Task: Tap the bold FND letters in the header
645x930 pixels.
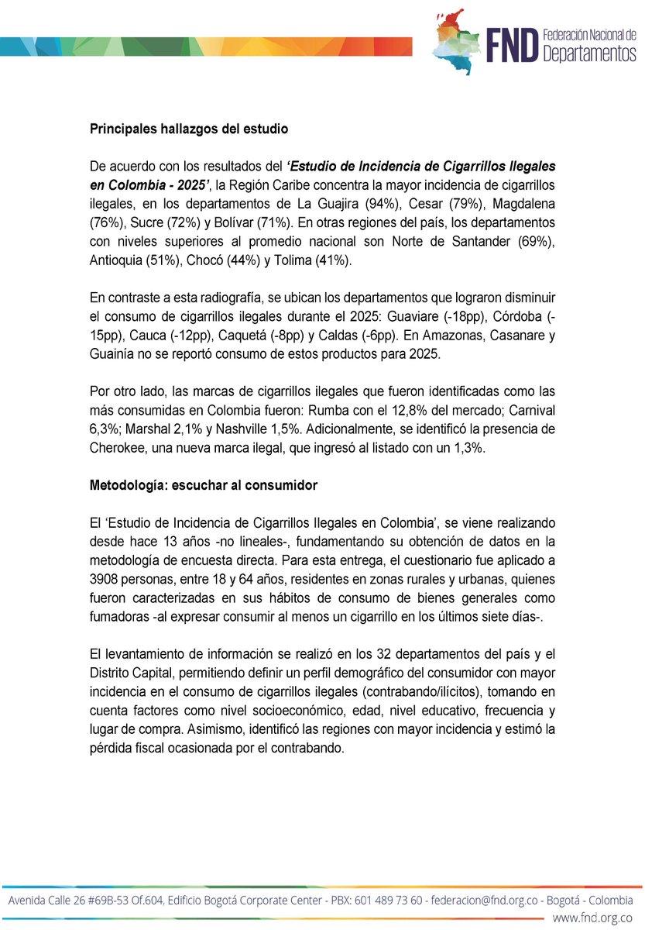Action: point(510,46)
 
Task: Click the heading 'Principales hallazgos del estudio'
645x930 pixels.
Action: point(173,129)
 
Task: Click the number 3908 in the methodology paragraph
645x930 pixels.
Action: point(105,580)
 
